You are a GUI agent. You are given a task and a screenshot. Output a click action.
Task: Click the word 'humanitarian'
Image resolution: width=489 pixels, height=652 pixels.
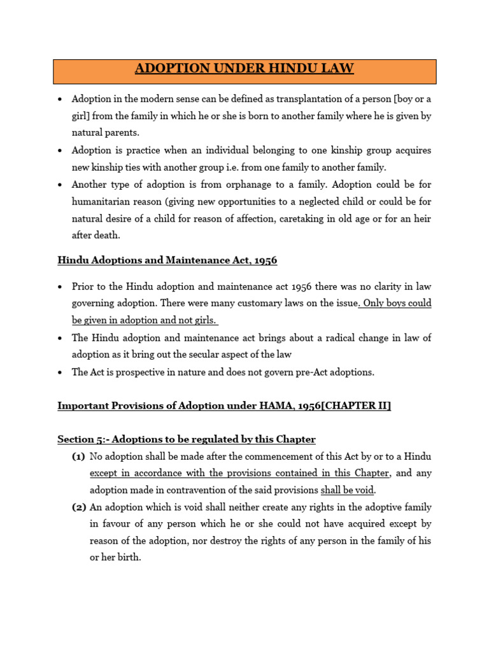point(102,202)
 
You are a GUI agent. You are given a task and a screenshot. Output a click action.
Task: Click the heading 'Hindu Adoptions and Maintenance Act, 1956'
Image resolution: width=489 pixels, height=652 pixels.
point(167,260)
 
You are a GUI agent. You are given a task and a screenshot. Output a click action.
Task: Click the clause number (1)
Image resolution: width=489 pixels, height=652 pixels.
point(78,457)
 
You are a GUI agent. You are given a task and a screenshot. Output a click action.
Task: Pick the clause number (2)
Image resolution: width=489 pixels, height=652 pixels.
point(78,507)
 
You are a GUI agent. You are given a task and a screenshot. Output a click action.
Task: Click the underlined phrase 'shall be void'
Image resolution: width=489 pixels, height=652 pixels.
point(347,490)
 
